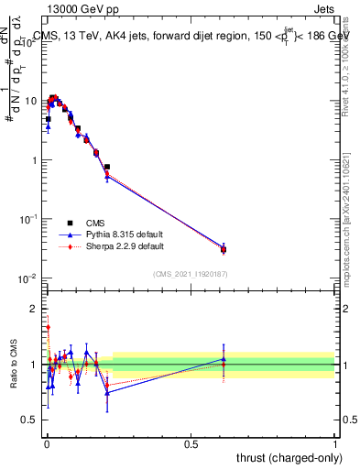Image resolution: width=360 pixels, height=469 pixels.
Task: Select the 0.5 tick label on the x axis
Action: [x=191, y=444]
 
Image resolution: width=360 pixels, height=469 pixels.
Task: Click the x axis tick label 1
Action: [x=334, y=444]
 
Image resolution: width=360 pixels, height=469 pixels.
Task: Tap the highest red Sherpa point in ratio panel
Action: [x=48, y=327]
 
